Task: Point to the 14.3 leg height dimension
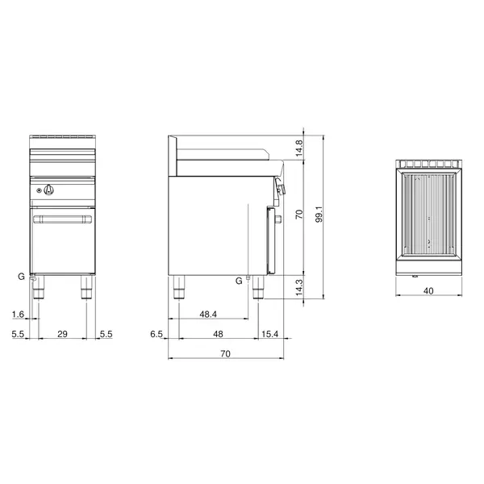click(298, 286)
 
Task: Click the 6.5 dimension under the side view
click(157, 333)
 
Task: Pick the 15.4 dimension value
click(270, 333)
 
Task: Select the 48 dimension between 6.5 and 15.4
click(217, 333)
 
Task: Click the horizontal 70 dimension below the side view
click(226, 353)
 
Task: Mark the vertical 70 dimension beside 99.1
click(298, 215)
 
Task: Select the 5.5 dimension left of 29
click(18, 333)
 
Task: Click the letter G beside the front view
click(21, 276)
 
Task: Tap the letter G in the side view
click(239, 280)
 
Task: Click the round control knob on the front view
click(50, 190)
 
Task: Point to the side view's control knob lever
click(282, 188)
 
